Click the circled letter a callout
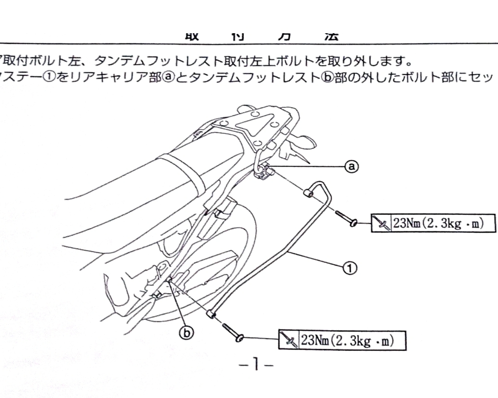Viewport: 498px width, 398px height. [351, 166]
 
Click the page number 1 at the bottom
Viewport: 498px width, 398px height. [256, 366]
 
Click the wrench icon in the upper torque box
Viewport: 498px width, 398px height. [382, 224]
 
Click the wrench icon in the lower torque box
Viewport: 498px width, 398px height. [290, 340]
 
